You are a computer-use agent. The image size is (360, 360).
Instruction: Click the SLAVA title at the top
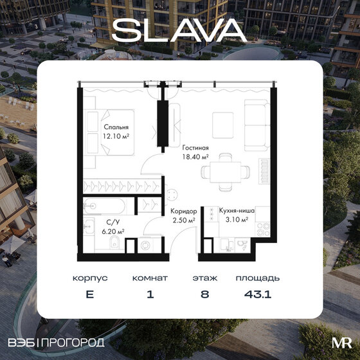[179, 29]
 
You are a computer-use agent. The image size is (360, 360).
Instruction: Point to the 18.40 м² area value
[195, 156]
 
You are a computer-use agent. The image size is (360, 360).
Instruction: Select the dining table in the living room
[222, 173]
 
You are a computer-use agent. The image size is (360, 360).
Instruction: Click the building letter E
[89, 297]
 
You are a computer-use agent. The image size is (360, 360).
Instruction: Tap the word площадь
[257, 279]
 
